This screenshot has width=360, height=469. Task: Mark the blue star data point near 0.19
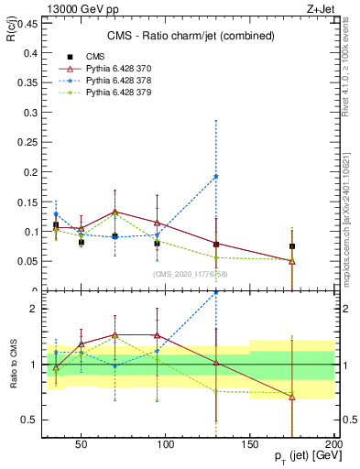point(216,177)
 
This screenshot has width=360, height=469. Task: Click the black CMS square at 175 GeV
point(292,246)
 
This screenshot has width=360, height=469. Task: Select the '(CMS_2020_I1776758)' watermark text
point(191,274)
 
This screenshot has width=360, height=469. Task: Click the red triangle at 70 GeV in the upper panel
point(115,212)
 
